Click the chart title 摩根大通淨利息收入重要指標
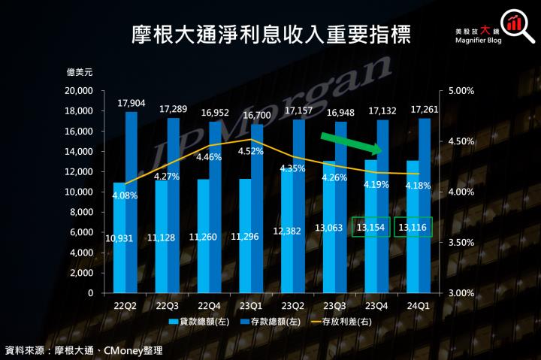point(271,35)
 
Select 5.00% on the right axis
point(461,91)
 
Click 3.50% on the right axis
point(461,243)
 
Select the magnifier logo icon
point(514,22)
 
